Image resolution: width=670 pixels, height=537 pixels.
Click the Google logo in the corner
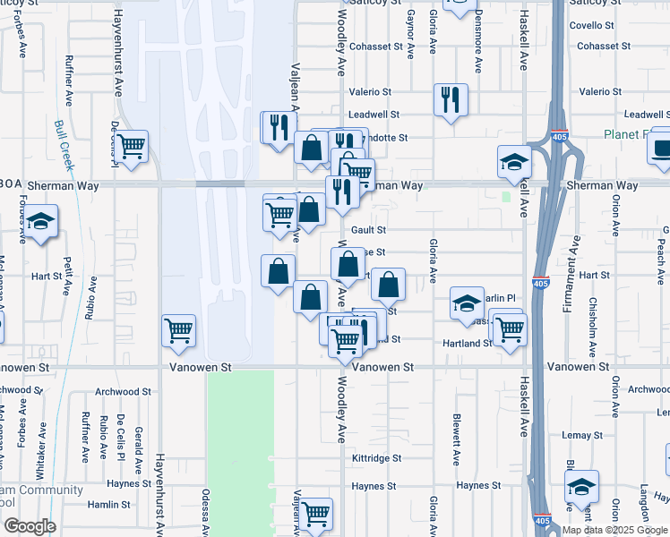[29, 526]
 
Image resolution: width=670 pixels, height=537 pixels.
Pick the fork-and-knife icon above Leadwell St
[451, 98]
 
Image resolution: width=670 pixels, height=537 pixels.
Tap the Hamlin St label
[109, 505]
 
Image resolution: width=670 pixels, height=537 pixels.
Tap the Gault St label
[368, 230]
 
